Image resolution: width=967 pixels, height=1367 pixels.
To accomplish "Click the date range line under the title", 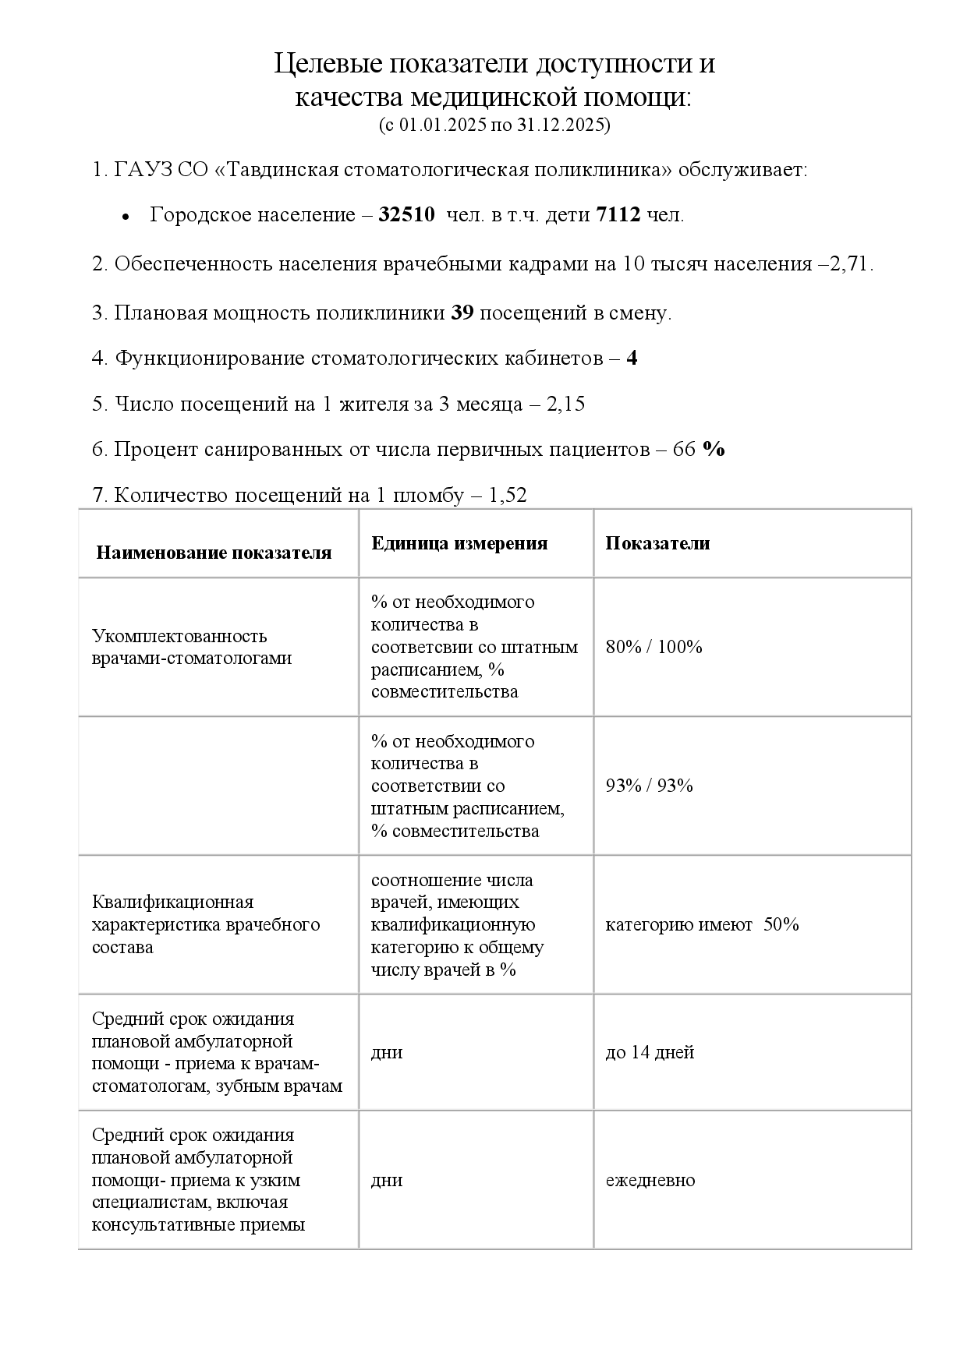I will pos(494,125).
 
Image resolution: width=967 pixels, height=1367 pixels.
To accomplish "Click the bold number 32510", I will pos(406,215).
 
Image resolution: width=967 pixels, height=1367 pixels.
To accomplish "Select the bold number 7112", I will pos(618,215).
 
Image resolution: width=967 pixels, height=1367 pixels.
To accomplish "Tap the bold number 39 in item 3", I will pos(462,313).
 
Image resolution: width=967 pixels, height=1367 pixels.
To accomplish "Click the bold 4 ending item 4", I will pos(632,359).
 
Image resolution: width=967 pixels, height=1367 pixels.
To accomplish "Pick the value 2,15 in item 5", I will pos(566,404).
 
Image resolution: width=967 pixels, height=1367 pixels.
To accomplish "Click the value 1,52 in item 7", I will pos(508,495).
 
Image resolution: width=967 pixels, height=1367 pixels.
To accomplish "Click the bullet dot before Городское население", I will pos(125,217).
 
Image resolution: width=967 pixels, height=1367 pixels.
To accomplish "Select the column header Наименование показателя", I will pos(214,553).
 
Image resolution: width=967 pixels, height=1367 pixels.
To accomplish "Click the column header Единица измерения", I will pos(459,543).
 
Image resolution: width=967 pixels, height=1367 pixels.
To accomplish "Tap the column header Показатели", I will pos(657,543).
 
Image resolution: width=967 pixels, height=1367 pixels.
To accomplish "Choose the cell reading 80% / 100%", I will pos(654,647).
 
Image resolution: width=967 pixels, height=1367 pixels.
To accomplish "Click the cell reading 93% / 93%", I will pos(649,786).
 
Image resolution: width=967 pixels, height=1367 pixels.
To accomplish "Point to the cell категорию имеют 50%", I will pos(702,924).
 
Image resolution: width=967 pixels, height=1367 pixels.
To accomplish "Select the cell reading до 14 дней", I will pos(650,1053).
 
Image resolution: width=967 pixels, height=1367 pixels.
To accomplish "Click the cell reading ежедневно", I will pos(650,1180).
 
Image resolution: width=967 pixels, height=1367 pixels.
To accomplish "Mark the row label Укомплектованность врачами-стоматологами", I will pos(192,647).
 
